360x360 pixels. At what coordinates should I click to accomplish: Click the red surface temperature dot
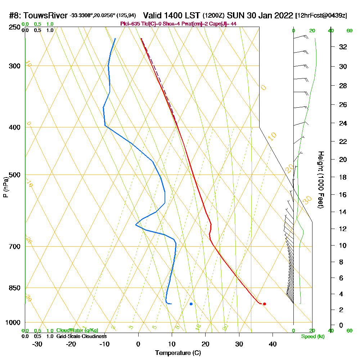pyautogui.click(x=264, y=304)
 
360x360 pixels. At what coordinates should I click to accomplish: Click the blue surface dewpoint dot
pyautogui.click(x=191, y=304)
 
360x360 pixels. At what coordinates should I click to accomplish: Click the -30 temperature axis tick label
pyautogui.click(x=37, y=344)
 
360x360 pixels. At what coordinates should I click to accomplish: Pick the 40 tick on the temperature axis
pyautogui.click(x=273, y=344)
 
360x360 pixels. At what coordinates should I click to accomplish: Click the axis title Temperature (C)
pyautogui.click(x=178, y=353)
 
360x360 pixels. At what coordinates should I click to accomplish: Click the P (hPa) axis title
pyautogui.click(x=5, y=187)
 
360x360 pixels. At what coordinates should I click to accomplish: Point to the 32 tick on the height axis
pyautogui.click(x=343, y=46)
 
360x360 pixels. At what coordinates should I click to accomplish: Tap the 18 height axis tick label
pyautogui.click(x=343, y=177)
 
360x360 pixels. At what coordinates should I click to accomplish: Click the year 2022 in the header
pyautogui.click(x=284, y=15)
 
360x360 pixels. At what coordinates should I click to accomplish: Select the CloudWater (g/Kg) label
pyautogui.click(x=77, y=330)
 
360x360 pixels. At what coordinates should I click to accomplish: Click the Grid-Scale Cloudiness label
pyautogui.click(x=81, y=336)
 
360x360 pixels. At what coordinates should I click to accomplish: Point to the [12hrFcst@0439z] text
pyautogui.click(x=321, y=15)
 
